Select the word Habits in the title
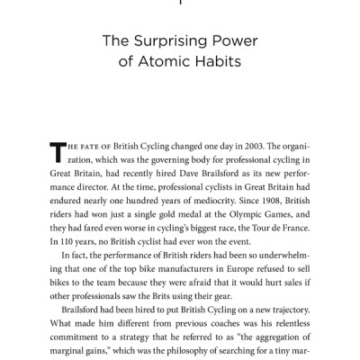click(229, 65)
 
